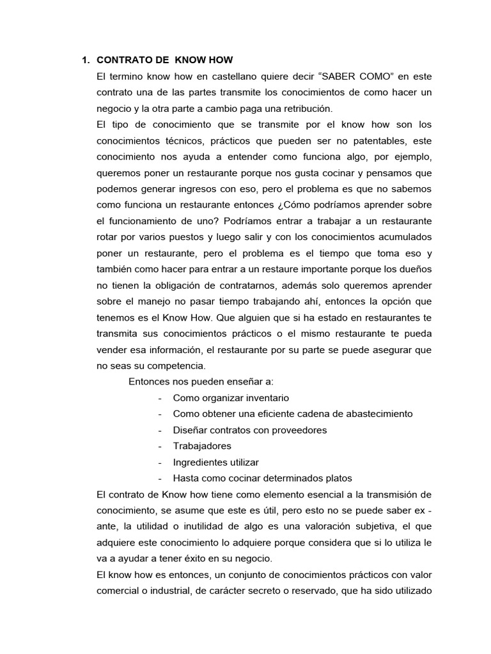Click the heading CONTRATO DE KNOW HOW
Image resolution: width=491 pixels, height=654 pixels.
[169, 61]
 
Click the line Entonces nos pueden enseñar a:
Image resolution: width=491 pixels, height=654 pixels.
[201, 381]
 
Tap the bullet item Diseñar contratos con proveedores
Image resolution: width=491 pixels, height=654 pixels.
[249, 430]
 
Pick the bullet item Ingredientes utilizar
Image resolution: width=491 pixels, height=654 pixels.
[215, 462]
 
